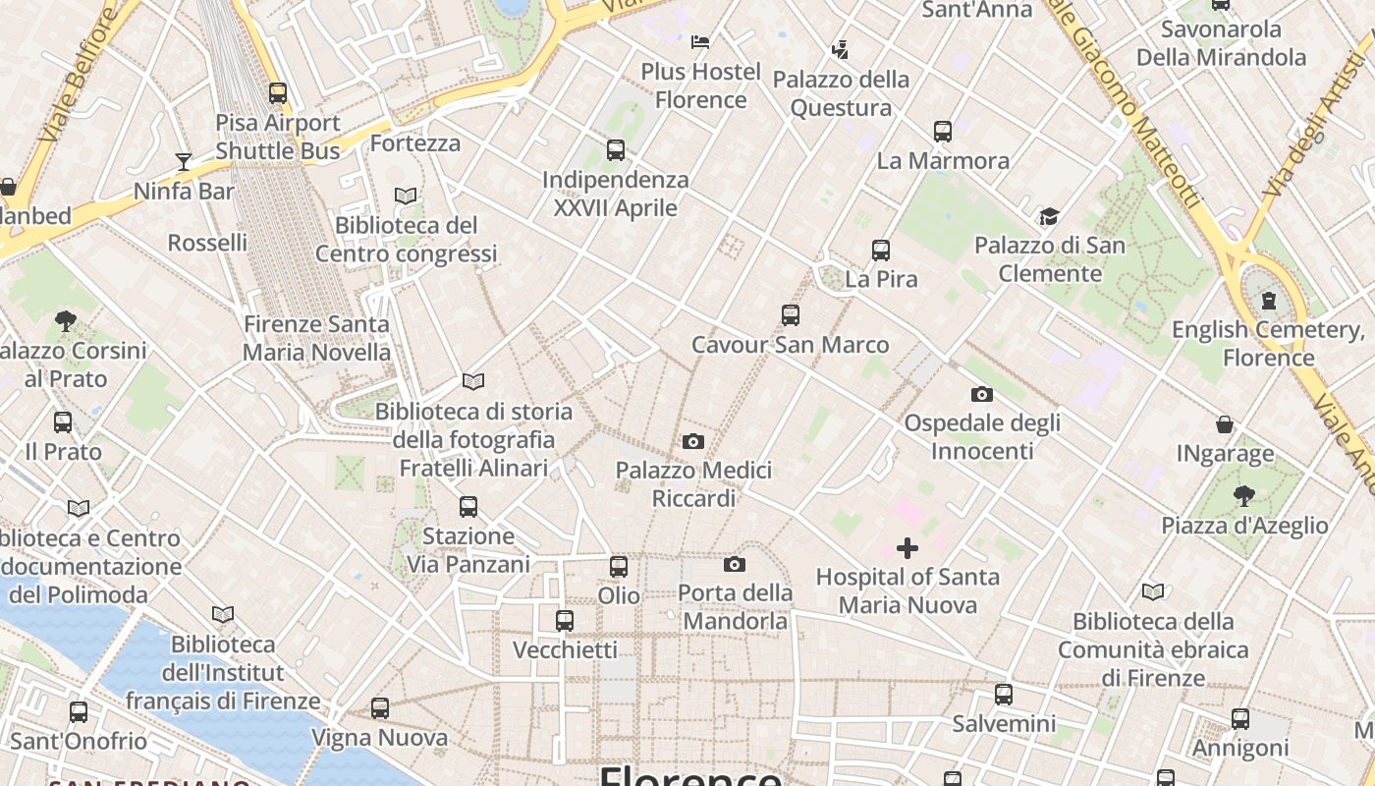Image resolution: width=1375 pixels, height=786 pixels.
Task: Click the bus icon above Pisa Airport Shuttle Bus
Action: (278, 93)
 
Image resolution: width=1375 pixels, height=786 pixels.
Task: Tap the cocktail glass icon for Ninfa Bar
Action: (184, 161)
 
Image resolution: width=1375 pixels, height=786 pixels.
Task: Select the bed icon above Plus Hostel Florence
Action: (700, 42)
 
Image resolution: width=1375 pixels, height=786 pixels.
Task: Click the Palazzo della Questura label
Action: (841, 93)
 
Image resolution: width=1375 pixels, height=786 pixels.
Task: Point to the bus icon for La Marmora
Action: (943, 131)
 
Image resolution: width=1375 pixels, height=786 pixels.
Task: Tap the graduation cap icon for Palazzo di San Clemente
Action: (1049, 216)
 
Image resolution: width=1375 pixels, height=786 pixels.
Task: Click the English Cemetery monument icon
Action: (1268, 300)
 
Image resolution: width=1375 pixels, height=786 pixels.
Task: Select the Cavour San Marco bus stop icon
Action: (791, 315)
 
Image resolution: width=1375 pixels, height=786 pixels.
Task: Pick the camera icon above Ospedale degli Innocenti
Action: (981, 395)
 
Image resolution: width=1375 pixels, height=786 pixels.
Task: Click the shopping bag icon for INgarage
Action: (1225, 424)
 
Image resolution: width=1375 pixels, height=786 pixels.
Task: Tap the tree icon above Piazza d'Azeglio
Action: (1244, 495)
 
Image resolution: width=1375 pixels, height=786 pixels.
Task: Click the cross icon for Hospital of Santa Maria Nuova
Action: (907, 547)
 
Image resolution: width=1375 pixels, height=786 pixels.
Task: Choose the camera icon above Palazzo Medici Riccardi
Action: (693, 442)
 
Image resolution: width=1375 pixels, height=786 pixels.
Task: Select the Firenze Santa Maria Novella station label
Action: (316, 338)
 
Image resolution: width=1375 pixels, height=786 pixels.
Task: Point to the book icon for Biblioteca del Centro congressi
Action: (406, 196)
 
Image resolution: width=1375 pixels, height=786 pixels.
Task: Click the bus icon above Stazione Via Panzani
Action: (468, 507)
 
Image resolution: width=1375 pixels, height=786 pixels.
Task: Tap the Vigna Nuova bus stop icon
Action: (380, 707)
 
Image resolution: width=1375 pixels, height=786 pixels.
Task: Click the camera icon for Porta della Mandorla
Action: (735, 564)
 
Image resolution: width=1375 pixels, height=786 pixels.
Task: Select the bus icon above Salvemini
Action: (1004, 695)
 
